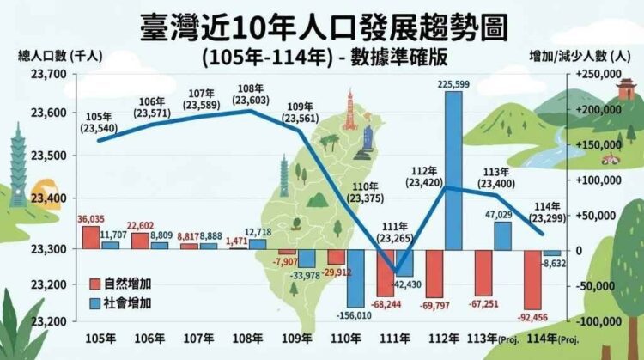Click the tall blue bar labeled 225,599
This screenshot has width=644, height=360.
[x=453, y=170]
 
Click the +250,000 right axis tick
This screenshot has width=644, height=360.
[x=596, y=75]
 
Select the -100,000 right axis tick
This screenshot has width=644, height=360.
[x=595, y=320]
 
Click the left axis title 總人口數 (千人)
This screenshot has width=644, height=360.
[x=60, y=56]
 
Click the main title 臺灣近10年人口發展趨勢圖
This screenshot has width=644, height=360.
[x=322, y=26]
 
